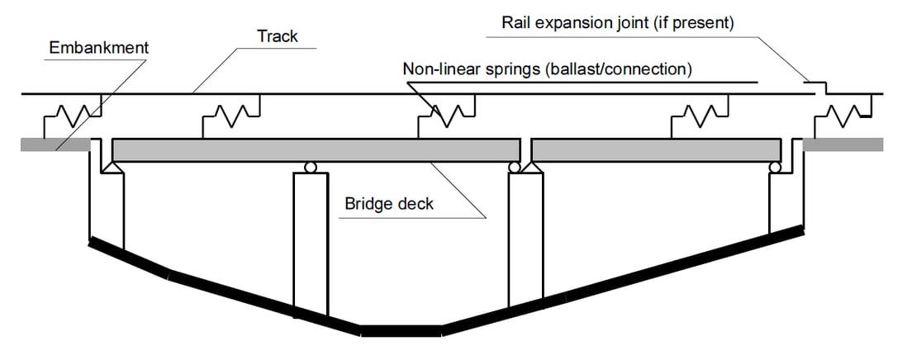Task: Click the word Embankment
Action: coord(99,47)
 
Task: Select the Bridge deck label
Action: coord(388,203)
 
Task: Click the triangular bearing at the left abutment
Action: coord(109,167)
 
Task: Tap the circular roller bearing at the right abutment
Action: coord(775,167)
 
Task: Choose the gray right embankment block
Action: coord(842,145)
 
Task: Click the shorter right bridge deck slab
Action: coord(656,149)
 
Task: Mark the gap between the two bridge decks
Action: coord(526,149)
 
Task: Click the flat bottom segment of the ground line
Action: coord(401,330)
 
